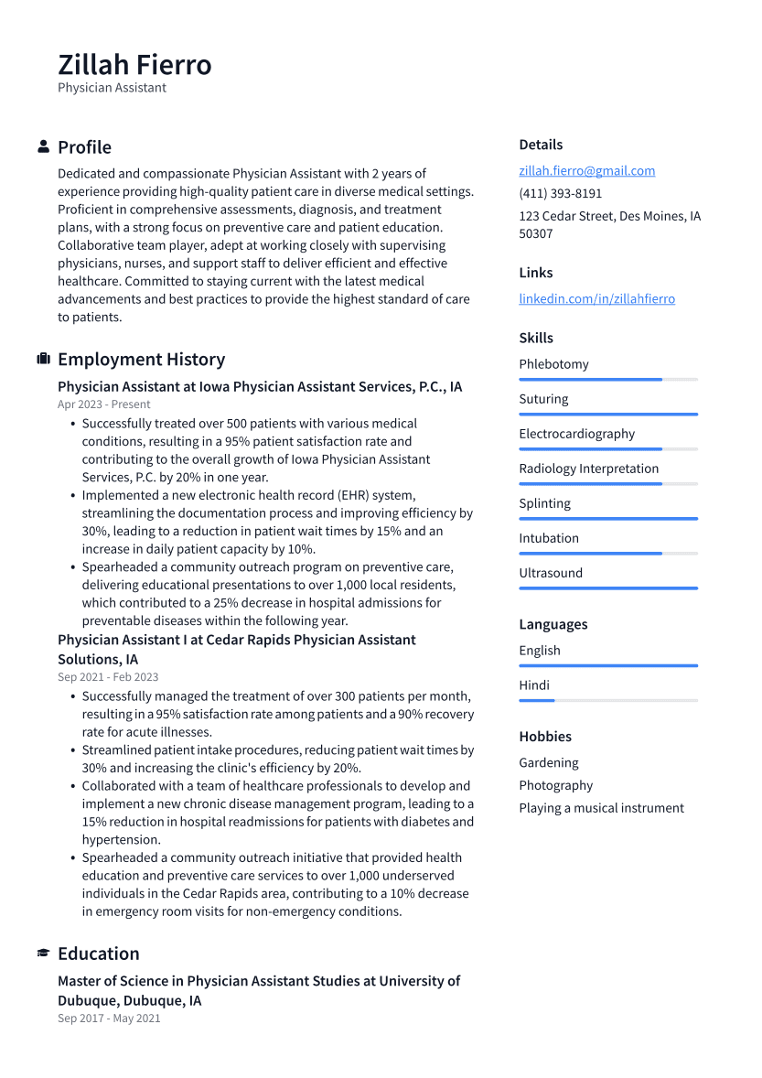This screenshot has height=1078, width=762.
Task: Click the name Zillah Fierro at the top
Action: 134,64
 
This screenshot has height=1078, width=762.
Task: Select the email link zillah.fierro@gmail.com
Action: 586,170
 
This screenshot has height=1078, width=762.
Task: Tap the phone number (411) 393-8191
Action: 560,193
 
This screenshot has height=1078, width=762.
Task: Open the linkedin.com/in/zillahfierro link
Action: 596,298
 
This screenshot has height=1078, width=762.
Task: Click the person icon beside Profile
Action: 43,146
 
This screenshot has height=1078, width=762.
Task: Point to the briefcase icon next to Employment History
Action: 43,359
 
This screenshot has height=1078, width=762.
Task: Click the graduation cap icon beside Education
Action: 43,954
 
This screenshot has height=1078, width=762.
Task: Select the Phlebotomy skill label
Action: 553,364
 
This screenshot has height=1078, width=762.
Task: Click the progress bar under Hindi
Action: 607,700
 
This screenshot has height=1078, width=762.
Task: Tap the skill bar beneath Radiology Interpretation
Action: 607,483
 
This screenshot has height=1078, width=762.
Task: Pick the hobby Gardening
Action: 549,762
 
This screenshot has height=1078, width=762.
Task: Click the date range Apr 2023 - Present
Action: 103,404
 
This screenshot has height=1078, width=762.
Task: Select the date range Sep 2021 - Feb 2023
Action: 108,677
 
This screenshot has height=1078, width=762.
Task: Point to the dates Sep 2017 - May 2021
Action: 109,1018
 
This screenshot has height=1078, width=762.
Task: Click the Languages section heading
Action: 553,624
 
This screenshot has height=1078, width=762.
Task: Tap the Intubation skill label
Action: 549,538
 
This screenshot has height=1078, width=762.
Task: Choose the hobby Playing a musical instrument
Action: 601,808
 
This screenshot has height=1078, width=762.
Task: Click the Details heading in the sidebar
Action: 541,145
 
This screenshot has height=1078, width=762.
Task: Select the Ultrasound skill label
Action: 551,573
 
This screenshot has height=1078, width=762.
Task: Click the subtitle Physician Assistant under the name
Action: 112,88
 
